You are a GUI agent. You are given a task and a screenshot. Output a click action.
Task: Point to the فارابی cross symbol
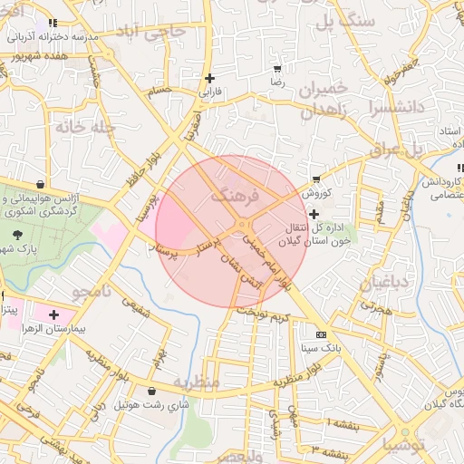point(210,78)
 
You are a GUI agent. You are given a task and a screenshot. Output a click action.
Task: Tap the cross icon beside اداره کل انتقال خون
point(314,215)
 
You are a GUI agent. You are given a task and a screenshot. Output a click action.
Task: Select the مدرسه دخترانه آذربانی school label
point(53,38)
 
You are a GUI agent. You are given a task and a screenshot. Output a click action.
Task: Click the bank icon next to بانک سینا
point(320,335)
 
